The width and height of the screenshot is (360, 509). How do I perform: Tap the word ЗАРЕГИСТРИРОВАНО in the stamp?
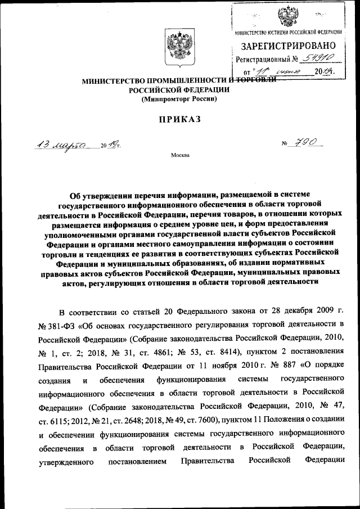(x=290, y=46)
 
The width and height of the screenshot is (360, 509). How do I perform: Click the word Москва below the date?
(x=179, y=155)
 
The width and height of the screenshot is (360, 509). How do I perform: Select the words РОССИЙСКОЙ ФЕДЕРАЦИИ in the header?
(x=179, y=90)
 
